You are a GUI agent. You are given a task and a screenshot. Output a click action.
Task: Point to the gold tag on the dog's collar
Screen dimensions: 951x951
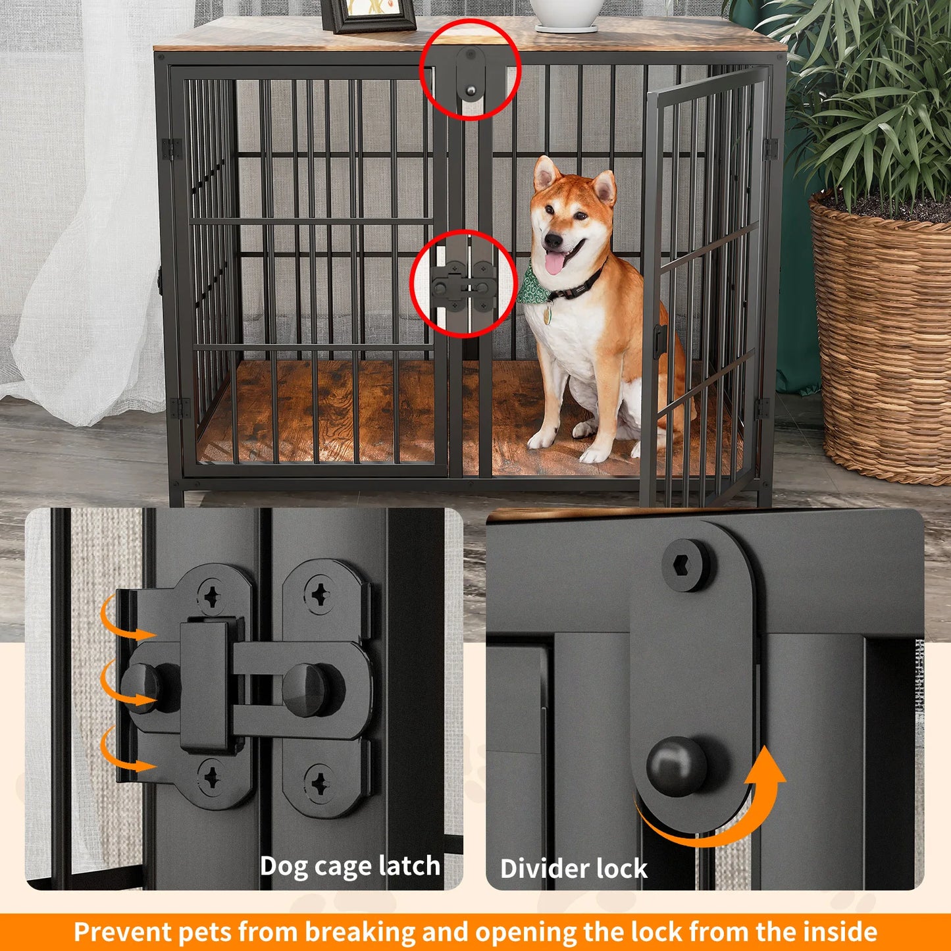tap(547, 317)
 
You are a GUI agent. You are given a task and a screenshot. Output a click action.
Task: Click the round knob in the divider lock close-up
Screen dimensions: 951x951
tap(677, 767)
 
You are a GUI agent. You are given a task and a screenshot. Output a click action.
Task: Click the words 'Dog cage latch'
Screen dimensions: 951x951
tap(350, 866)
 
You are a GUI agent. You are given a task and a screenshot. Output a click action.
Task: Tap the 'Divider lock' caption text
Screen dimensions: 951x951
tap(574, 869)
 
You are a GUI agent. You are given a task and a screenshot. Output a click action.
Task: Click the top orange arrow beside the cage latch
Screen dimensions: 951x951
tap(125, 622)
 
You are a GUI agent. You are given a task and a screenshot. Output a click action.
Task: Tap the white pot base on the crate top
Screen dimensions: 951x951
tap(566, 28)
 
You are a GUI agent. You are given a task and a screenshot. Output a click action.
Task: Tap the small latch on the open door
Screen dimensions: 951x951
tap(660, 341)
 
